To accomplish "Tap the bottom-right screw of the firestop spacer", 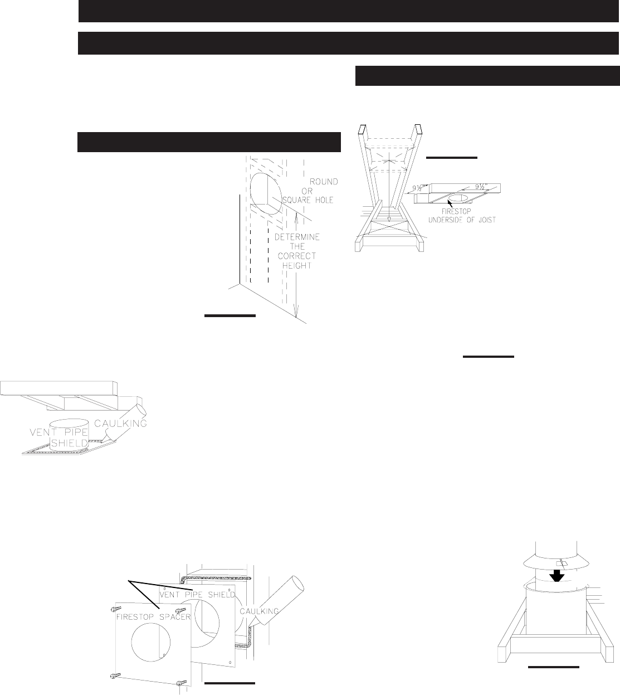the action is pyautogui.click(x=180, y=683).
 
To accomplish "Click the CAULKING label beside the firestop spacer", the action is pyautogui.click(x=260, y=611).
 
